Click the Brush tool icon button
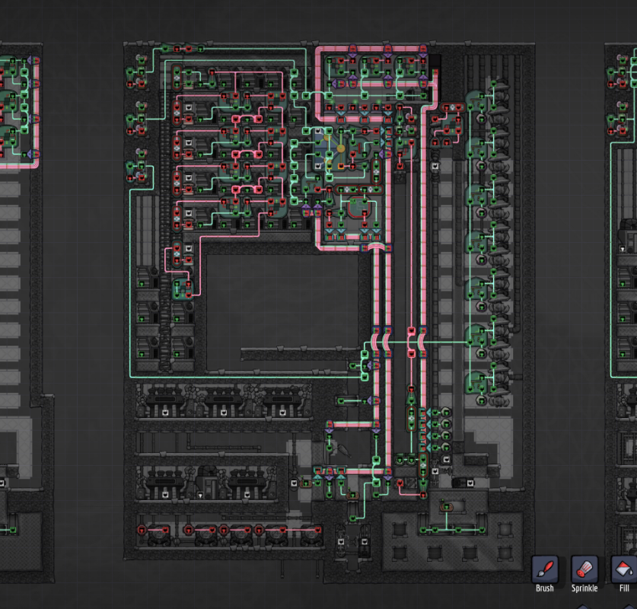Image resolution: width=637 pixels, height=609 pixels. coord(544,569)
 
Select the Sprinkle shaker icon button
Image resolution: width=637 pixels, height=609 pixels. coord(584,569)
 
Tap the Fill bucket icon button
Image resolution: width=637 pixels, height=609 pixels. coord(624,569)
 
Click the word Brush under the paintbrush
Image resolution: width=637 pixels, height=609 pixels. coord(544,588)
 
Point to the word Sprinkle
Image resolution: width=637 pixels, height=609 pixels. coord(584,588)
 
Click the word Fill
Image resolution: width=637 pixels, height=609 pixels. coord(624,588)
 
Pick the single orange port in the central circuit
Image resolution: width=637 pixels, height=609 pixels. coord(341,166)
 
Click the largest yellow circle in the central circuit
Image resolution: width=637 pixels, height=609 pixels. coord(341,148)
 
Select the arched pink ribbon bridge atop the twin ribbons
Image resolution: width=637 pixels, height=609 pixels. coord(376,246)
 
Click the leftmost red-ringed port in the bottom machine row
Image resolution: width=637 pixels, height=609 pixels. coord(142,530)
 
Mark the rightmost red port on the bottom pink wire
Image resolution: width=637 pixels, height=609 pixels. coord(318,530)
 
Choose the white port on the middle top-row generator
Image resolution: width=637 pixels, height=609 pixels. coord(224,413)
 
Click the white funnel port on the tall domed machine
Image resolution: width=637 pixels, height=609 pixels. coord(200,496)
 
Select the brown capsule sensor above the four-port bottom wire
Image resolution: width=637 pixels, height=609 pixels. coord(447,507)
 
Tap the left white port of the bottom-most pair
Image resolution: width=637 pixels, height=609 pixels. coord(341,541)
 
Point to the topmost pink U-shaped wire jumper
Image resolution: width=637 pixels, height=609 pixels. coord(247,119)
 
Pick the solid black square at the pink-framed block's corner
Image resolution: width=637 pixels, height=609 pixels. coord(434,61)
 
